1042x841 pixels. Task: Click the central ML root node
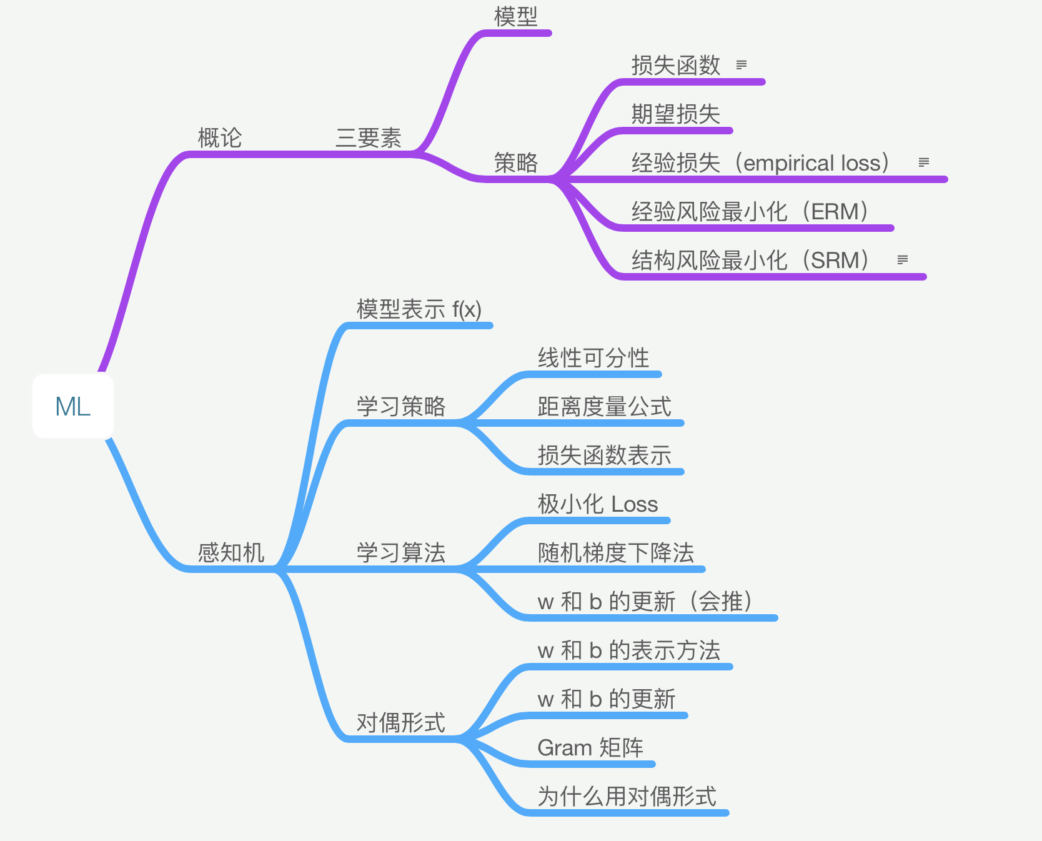point(73,407)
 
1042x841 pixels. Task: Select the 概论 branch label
point(219,138)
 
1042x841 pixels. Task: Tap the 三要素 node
point(369,138)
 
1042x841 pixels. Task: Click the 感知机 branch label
point(231,553)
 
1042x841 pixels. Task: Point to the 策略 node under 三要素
point(515,163)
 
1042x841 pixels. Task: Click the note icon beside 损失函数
point(742,65)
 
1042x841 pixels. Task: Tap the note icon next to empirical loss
point(924,162)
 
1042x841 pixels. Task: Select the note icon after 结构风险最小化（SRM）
point(902,260)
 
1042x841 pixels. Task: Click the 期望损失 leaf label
point(675,114)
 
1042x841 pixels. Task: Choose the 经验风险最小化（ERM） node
point(750,212)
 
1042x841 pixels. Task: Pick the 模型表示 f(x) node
point(419,309)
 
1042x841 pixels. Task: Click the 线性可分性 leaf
point(593,358)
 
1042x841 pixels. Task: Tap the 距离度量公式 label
point(604,407)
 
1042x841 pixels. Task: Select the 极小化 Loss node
point(597,504)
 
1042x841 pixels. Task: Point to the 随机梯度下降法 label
point(615,553)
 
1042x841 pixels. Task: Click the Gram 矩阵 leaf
point(590,748)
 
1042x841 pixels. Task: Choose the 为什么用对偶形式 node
point(627,797)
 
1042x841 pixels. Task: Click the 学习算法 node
point(400,553)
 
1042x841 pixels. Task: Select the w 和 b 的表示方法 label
point(628,650)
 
